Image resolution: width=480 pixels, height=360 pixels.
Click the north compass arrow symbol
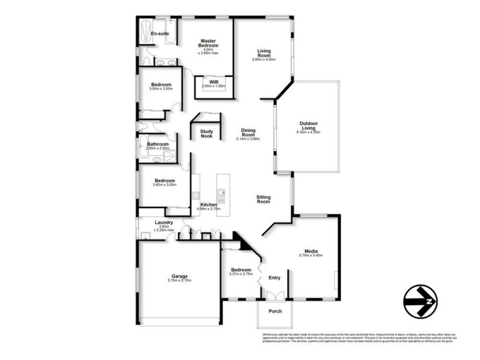pyautogui.click(x=420, y=301)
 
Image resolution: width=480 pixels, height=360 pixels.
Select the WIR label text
pyautogui.click(x=214, y=82)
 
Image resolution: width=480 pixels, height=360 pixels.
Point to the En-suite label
pyautogui.click(x=160, y=34)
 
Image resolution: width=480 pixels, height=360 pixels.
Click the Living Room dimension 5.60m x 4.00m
pyautogui.click(x=264, y=60)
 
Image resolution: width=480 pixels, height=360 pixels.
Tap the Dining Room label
pyautogui.click(x=248, y=133)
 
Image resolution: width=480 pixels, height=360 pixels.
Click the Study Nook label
pyautogui.click(x=207, y=133)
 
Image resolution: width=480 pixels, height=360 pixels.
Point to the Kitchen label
pyautogui.click(x=209, y=205)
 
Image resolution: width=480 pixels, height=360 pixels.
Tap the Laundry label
pyautogui.click(x=164, y=223)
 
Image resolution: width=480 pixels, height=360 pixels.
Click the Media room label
pyautogui.click(x=311, y=251)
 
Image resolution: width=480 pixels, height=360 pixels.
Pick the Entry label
pyautogui.click(x=274, y=278)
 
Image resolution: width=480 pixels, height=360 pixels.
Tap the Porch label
pyautogui.click(x=275, y=311)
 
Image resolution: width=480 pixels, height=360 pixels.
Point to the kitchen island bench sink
pyautogui.click(x=222, y=194)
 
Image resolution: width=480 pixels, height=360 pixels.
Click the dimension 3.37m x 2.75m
pyautogui.click(x=242, y=274)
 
